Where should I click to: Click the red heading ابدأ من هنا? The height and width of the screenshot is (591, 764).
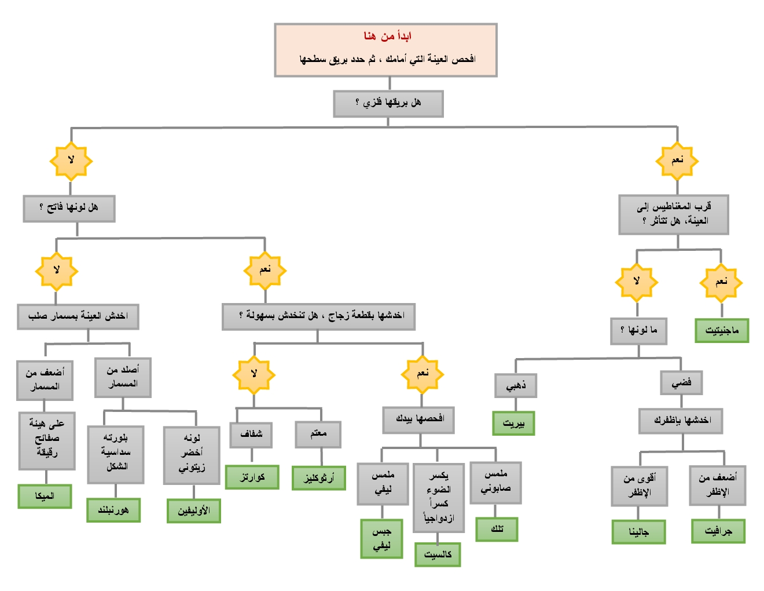[x=387, y=37]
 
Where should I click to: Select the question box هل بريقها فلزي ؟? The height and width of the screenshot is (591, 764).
[x=388, y=104]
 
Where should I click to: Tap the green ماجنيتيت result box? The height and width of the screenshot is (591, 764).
[x=722, y=330]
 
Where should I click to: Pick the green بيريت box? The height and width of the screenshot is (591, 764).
[x=513, y=423]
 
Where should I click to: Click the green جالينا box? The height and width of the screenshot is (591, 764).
[x=638, y=532]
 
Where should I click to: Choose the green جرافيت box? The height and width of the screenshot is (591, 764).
[x=718, y=531]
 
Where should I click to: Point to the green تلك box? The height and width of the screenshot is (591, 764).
[x=497, y=529]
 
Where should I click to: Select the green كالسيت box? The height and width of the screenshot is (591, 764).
[x=438, y=554]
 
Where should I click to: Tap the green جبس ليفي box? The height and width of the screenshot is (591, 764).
[x=381, y=539]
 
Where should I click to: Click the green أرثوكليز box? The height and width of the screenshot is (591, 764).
[x=319, y=478]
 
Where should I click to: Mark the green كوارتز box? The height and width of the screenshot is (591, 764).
[x=252, y=477]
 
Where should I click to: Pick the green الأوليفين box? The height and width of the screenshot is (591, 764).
[x=194, y=511]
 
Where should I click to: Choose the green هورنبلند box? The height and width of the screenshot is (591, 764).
[x=113, y=510]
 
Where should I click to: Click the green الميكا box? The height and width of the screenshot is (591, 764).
[x=45, y=496]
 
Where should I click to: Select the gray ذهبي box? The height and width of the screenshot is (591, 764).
[x=516, y=385]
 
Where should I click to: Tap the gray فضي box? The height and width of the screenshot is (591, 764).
[x=681, y=382]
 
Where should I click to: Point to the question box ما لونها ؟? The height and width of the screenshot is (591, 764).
[x=638, y=330]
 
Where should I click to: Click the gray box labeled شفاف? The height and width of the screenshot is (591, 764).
[x=251, y=434]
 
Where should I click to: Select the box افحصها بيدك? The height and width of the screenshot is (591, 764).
[x=418, y=419]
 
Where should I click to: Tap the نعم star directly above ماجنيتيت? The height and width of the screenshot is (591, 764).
[x=721, y=282]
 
